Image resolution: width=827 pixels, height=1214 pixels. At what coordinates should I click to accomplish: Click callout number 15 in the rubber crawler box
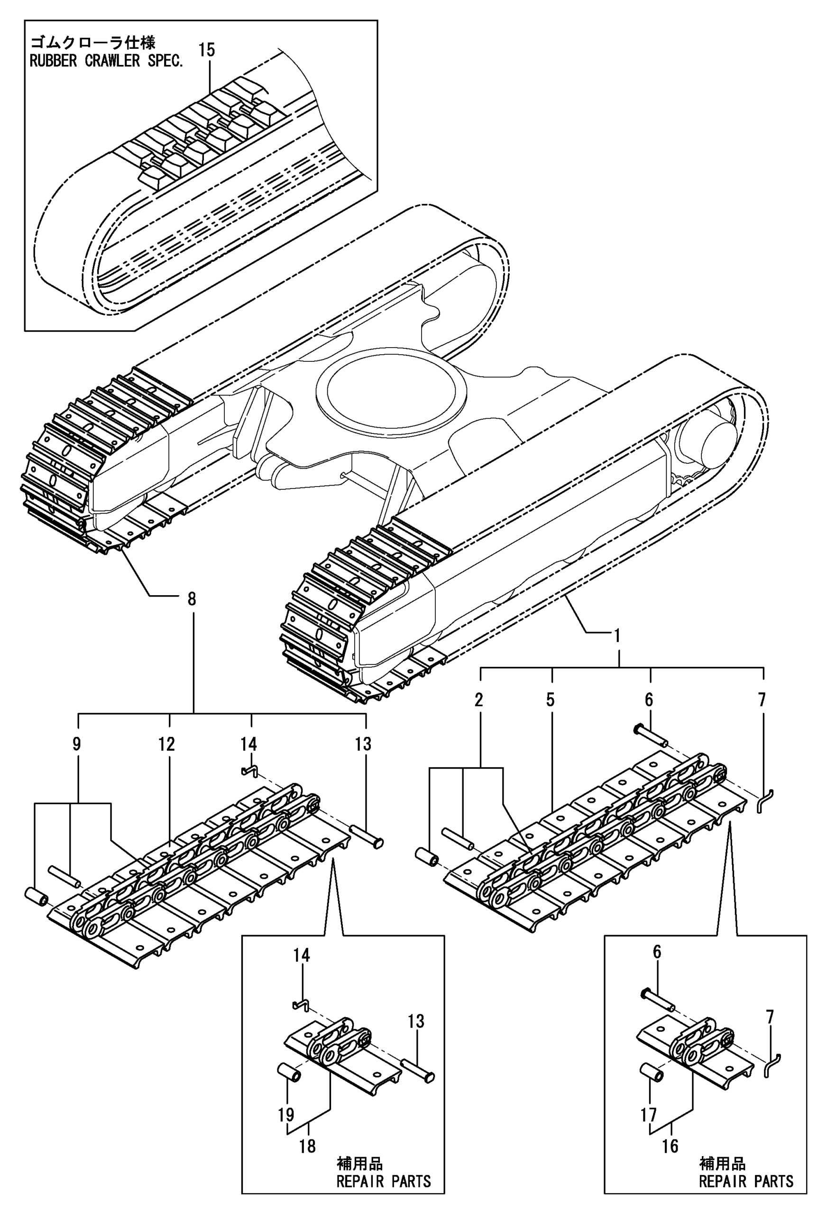[207, 50]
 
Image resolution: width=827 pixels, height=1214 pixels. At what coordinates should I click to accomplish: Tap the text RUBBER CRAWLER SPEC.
[107, 61]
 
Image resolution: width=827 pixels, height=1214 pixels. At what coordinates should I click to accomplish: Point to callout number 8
[192, 598]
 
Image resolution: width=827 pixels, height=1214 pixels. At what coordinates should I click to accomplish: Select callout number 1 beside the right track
[617, 636]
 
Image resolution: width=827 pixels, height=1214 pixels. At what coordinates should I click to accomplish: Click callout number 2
[478, 700]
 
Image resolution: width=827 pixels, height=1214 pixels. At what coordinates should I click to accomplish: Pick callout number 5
[551, 700]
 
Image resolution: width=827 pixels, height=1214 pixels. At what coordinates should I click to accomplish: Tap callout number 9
[77, 745]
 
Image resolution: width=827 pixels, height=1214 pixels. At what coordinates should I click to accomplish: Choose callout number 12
[166, 745]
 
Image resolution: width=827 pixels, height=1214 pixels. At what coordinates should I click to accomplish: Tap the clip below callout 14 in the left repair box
[302, 1004]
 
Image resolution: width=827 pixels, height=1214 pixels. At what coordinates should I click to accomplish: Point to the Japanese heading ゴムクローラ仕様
[92, 42]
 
